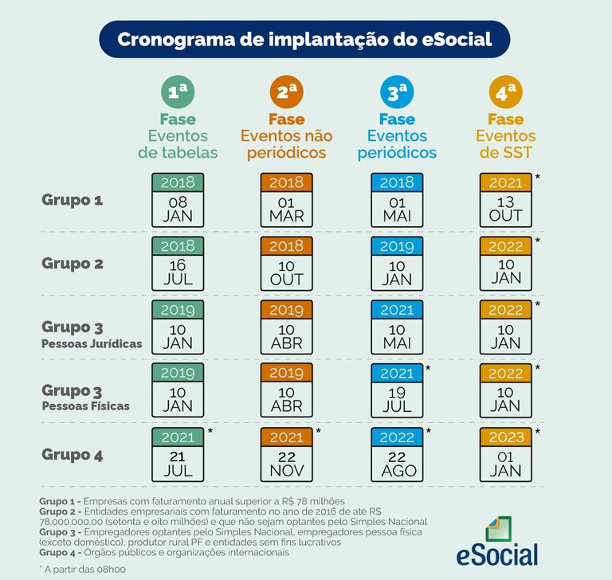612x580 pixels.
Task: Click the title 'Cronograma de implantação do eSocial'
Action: [304, 40]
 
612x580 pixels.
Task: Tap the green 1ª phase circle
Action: [177, 93]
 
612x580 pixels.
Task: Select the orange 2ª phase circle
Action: [286, 93]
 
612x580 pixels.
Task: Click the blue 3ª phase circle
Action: [396, 93]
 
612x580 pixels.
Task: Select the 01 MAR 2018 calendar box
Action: [286, 199]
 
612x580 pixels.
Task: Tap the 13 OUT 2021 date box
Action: [505, 199]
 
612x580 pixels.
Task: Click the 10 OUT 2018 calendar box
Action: [286, 264]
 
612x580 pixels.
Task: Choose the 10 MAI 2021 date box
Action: [396, 327]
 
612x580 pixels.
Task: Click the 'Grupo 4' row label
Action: [73, 456]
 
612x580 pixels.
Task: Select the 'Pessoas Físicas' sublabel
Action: [86, 406]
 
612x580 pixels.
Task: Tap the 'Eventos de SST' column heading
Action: [505, 144]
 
